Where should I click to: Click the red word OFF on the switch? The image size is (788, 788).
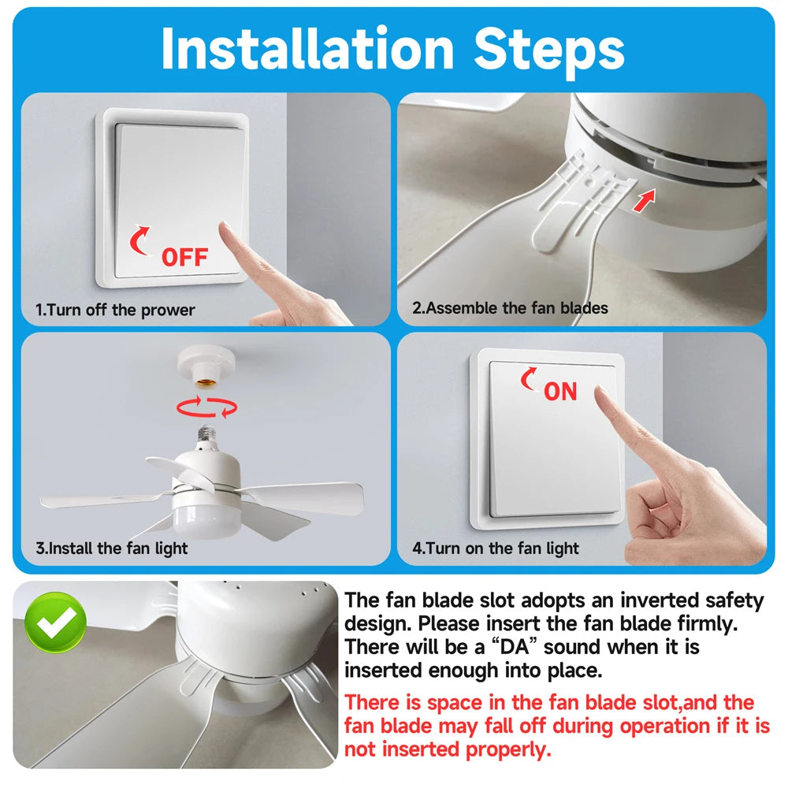tap(184, 258)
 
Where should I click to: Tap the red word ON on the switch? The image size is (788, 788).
tap(560, 392)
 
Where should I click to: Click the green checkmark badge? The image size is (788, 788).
tap(55, 623)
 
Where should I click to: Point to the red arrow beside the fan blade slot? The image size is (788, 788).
tap(645, 200)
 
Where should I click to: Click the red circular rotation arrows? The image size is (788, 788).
tap(206, 407)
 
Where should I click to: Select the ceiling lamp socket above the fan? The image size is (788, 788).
tap(206, 366)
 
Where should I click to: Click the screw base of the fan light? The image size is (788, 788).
tap(206, 434)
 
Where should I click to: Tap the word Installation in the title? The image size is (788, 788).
tap(307, 49)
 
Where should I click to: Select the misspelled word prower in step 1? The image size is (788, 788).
tap(168, 310)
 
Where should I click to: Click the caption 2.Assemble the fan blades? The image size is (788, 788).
tap(510, 307)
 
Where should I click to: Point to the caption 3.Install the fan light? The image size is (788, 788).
tap(112, 548)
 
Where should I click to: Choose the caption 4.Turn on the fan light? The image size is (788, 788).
tap(496, 548)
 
